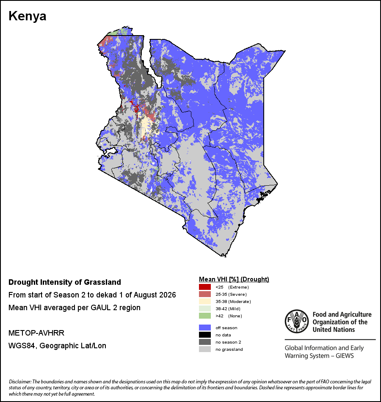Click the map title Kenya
[28, 16]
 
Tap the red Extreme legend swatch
[205, 287]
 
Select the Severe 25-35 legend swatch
[205, 294]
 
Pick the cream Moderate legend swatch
[205, 301]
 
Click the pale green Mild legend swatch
[205, 308]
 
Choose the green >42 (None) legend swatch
[205, 316]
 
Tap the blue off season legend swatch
[205, 328]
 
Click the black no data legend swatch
[205, 335]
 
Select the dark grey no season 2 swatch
[205, 342]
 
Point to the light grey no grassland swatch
[205, 349]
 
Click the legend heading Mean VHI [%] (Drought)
[234, 279]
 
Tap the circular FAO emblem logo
[297, 321]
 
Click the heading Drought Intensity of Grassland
[65, 282]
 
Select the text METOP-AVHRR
[36, 333]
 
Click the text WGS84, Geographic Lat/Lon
[57, 346]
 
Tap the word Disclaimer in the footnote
[20, 382]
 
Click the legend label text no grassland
[229, 349]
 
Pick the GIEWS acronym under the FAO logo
[344, 356]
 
